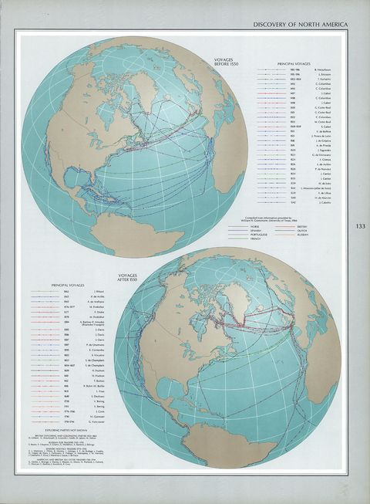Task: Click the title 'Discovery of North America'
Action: (x=301, y=25)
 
